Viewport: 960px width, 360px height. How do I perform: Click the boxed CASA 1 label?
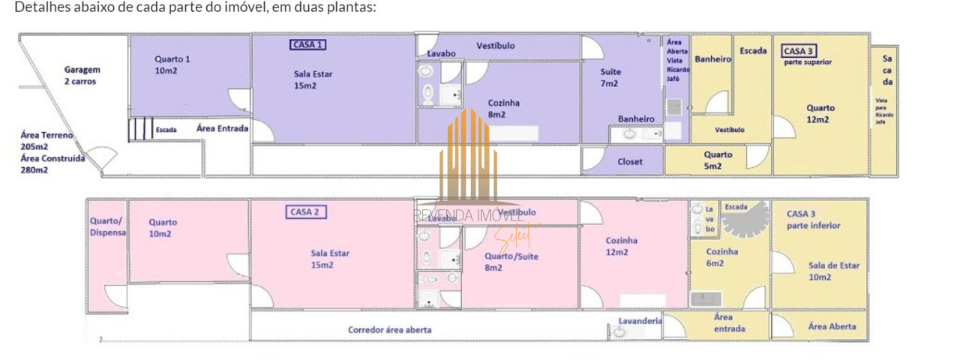point(307,45)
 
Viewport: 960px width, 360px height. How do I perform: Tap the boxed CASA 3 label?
point(799,51)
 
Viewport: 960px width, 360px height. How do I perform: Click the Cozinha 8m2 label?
point(504,109)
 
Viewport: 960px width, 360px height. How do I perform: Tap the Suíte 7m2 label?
point(610,77)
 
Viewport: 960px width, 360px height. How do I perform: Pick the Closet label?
point(629,161)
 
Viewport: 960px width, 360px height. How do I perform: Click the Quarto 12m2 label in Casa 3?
point(820,113)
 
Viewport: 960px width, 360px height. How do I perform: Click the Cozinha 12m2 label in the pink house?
point(622,246)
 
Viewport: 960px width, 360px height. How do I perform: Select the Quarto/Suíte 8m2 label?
point(511,261)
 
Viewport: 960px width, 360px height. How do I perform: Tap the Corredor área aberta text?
point(389,329)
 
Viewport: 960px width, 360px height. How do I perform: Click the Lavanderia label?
point(640,321)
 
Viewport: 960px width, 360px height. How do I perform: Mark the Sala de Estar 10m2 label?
point(833,271)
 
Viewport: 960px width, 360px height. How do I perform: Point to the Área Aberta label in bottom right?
point(832,326)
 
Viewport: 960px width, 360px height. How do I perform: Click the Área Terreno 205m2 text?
point(46,141)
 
